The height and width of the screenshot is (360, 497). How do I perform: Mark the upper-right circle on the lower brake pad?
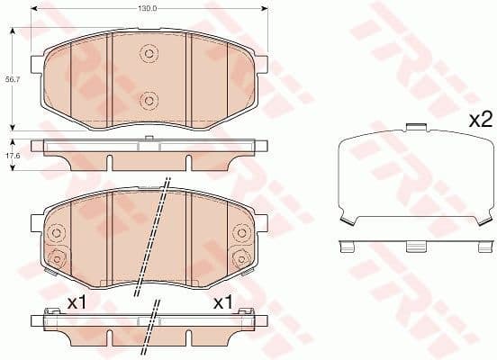click(x=242, y=233)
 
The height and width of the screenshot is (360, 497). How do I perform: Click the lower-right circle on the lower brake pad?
click(x=242, y=259)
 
